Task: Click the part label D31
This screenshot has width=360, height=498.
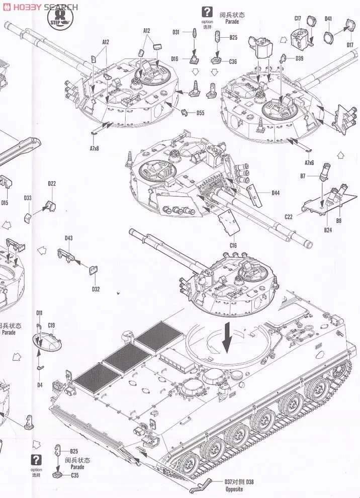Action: (x=176, y=32)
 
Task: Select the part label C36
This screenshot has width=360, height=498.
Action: (x=233, y=62)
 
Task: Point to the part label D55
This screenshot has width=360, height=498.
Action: (x=200, y=112)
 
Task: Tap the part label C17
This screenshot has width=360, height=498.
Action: (x=298, y=19)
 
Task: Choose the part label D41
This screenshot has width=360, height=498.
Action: (x=328, y=19)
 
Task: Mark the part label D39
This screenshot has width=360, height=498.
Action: (x=299, y=58)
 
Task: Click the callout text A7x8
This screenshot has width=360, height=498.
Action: (x=95, y=148)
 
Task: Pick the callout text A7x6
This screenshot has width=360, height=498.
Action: (x=309, y=162)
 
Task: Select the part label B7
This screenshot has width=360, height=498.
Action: (x=303, y=176)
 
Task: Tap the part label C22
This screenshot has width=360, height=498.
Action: (x=288, y=217)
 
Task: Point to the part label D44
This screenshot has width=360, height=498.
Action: (x=276, y=193)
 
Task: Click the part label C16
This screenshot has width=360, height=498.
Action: (x=233, y=245)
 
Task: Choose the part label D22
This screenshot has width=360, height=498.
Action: (x=52, y=184)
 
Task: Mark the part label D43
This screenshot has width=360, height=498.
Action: (x=68, y=238)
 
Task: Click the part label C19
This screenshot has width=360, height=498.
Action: (x=51, y=325)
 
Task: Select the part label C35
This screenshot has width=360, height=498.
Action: (x=75, y=475)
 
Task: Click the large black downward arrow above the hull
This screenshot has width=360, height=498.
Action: (x=227, y=338)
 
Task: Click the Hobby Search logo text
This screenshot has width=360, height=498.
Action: (x=40, y=7)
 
